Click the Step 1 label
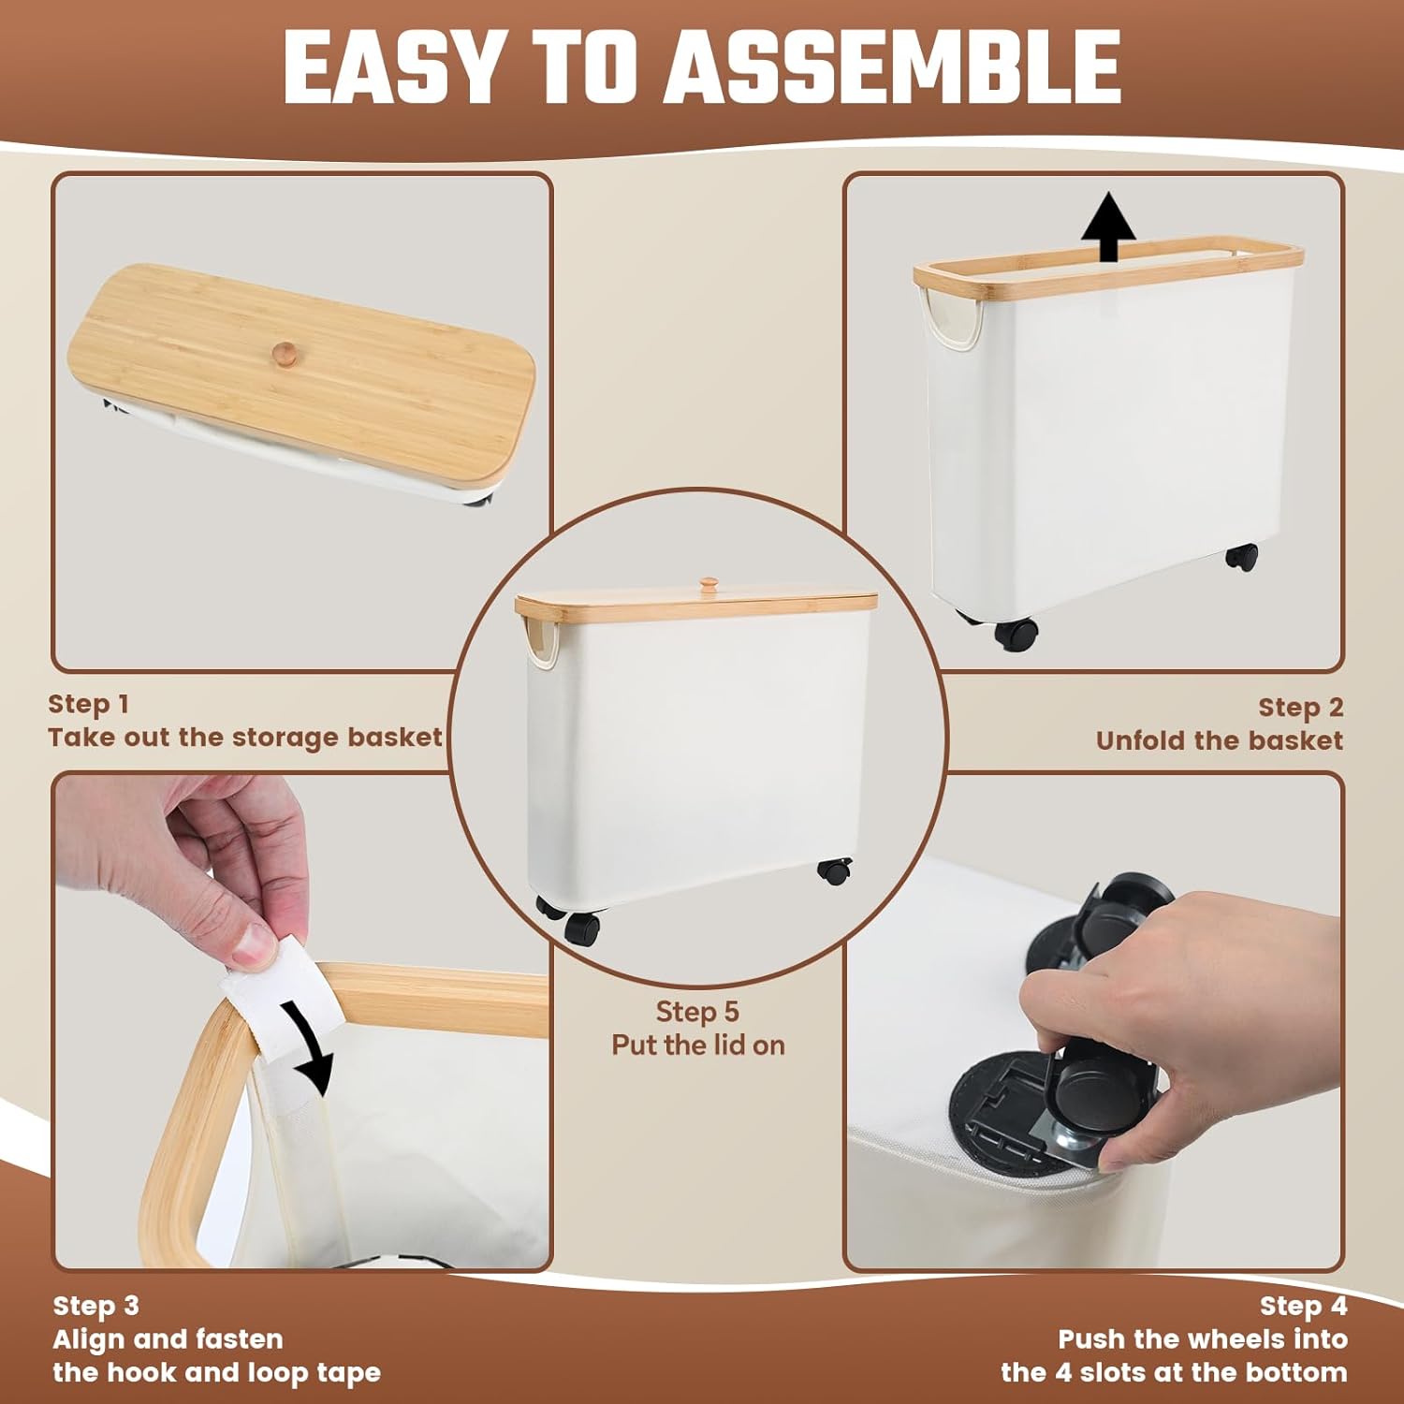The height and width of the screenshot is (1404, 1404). tap(89, 704)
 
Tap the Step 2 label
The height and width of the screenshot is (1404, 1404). tap(1300, 708)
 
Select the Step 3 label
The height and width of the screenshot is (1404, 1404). tap(96, 1306)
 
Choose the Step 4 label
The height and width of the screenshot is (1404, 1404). tap(1303, 1306)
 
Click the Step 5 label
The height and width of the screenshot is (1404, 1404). tap(697, 1012)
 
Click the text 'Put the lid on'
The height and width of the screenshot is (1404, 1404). tap(698, 1046)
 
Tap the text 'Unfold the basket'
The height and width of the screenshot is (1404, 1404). tap(1220, 741)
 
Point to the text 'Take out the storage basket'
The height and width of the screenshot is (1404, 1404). tap(245, 738)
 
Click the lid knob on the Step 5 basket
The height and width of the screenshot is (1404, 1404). tap(709, 585)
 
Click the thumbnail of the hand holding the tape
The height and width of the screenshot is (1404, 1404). tap(301, 1021)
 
